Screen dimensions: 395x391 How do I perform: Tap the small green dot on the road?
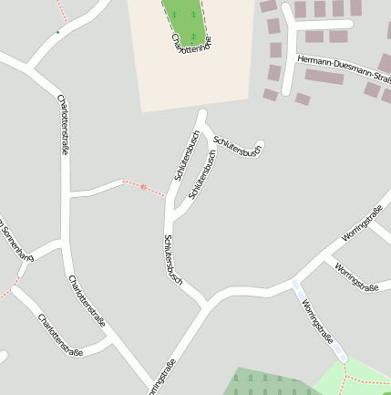click(57, 32)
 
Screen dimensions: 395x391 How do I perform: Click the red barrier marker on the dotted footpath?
click(143, 187)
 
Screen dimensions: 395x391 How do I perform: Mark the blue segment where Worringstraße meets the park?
click(340, 352)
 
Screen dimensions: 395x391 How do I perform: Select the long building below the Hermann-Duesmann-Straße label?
click(324, 78)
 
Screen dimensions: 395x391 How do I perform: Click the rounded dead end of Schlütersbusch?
click(261, 145)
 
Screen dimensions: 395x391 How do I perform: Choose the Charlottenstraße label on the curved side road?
click(60, 336)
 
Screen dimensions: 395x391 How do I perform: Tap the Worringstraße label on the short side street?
click(356, 274)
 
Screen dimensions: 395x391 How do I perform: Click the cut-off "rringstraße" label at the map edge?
click(162, 379)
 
